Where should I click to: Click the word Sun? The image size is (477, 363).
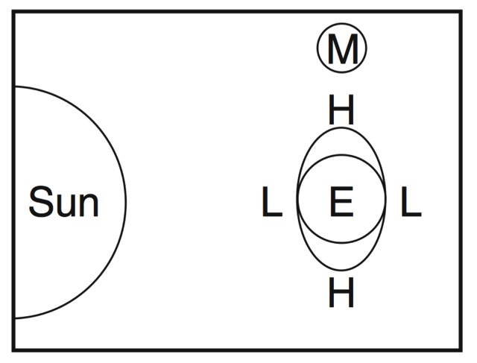(x=63, y=202)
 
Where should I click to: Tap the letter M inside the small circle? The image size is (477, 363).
(x=342, y=48)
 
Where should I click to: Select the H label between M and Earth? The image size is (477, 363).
(x=341, y=112)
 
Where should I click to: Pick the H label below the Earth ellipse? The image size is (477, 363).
(x=341, y=294)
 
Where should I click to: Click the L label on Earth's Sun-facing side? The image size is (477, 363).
(x=272, y=203)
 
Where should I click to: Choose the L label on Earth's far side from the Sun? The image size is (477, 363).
(x=411, y=203)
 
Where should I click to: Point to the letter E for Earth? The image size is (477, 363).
(x=341, y=203)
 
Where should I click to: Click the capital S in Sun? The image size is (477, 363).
(x=41, y=202)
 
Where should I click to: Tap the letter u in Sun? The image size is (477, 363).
(x=66, y=205)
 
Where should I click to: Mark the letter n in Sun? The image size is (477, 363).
(x=88, y=205)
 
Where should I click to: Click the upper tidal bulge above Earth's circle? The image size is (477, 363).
(x=341, y=141)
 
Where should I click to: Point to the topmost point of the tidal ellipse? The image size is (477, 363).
(x=341, y=127)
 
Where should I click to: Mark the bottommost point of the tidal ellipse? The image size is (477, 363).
(x=341, y=271)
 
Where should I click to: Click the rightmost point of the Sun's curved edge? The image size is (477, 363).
(x=126, y=202)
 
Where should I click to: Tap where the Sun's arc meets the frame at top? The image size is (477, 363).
(x=14, y=86)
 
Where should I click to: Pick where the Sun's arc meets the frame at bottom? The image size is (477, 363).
(x=14, y=318)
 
